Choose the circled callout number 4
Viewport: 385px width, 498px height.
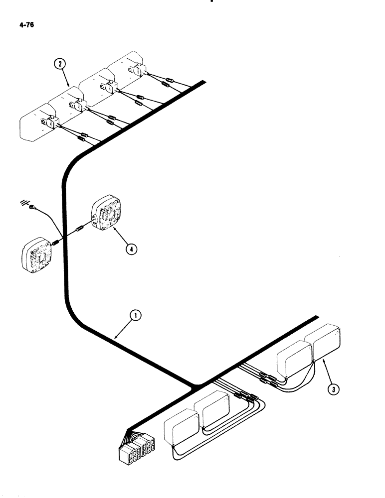(131, 250)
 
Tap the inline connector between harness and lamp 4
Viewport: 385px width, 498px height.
(79, 230)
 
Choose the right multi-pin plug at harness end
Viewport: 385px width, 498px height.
(148, 446)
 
